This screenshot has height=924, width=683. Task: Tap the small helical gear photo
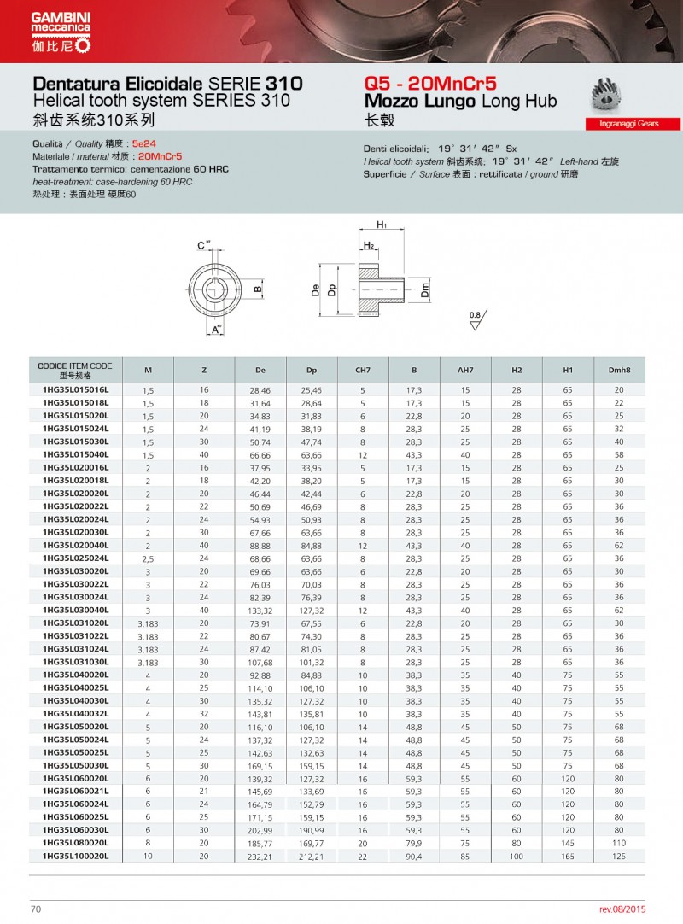(x=610, y=95)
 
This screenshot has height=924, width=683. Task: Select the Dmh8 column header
(x=619, y=370)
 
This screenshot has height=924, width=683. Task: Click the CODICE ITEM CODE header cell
(x=75, y=370)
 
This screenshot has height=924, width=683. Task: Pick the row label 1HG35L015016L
(x=76, y=389)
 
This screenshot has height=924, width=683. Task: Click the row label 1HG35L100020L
(x=76, y=855)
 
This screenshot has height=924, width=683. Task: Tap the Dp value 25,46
(x=311, y=389)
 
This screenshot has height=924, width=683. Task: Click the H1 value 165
(x=568, y=855)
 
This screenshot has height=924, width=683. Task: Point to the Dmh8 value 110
(x=619, y=842)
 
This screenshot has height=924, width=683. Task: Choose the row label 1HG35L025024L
(x=76, y=558)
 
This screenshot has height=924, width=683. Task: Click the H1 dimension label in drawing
(x=382, y=225)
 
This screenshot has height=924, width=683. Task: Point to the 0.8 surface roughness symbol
(x=476, y=320)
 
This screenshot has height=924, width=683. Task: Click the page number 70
(x=35, y=909)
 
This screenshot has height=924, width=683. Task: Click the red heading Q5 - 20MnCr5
(x=429, y=84)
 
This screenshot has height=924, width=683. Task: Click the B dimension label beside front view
(x=257, y=289)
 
